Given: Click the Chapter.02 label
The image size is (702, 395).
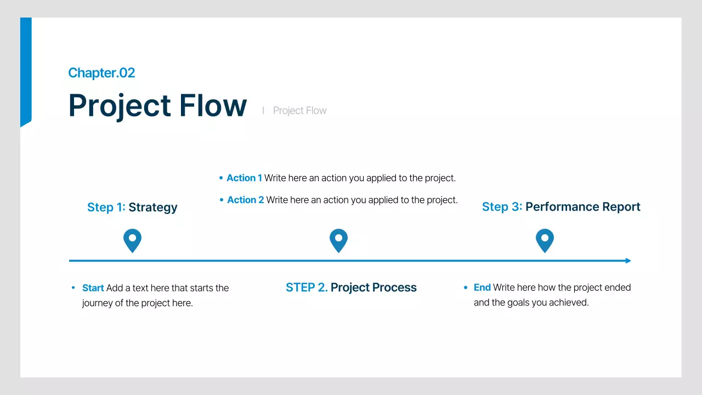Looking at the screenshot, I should pyautogui.click(x=101, y=73).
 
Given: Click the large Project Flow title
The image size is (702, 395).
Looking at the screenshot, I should pyautogui.click(x=157, y=105).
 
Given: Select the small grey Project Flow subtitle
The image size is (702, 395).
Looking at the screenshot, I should pyautogui.click(x=299, y=111).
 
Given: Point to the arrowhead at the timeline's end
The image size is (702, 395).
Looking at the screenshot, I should pyautogui.click(x=628, y=261).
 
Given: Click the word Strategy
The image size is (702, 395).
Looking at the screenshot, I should pyautogui.click(x=153, y=207).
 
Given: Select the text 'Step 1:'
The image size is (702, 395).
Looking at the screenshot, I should pyautogui.click(x=106, y=207).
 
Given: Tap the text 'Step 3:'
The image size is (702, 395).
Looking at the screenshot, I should pyautogui.click(x=502, y=207).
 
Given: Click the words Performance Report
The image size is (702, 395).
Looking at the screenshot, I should pyautogui.click(x=582, y=207).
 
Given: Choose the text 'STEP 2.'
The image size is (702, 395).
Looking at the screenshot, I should pyautogui.click(x=307, y=287).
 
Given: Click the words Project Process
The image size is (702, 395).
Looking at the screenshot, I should pyautogui.click(x=373, y=287).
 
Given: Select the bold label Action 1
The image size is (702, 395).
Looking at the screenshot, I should pyautogui.click(x=244, y=178).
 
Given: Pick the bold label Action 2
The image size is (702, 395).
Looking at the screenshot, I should pyautogui.click(x=245, y=200).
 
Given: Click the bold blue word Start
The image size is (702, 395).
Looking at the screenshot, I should pyautogui.click(x=93, y=288).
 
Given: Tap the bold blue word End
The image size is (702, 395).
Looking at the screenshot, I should pyautogui.click(x=482, y=287).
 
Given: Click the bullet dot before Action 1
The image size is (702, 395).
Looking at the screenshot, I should pyautogui.click(x=221, y=178).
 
